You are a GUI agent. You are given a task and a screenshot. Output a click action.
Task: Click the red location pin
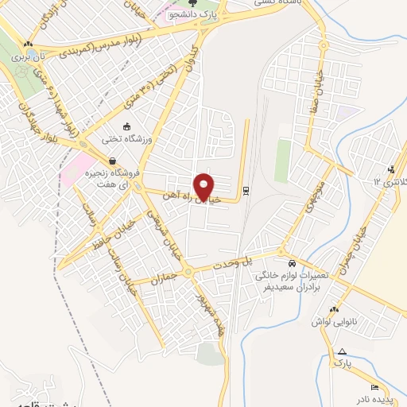point(205,187)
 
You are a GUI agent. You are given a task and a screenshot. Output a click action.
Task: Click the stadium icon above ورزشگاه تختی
point(126,126)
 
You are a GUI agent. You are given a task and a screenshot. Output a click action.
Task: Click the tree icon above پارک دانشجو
point(191,9)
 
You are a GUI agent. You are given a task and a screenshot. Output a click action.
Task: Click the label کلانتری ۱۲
point(390,182)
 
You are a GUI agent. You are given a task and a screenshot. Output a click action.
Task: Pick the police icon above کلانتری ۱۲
point(390,169)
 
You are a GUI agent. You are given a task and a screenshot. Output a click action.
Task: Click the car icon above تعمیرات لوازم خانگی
point(292,262)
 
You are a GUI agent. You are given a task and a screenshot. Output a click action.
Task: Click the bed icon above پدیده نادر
point(353,386)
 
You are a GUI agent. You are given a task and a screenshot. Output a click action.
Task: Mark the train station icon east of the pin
point(245,190)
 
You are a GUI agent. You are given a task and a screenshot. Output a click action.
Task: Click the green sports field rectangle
point(282,161)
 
